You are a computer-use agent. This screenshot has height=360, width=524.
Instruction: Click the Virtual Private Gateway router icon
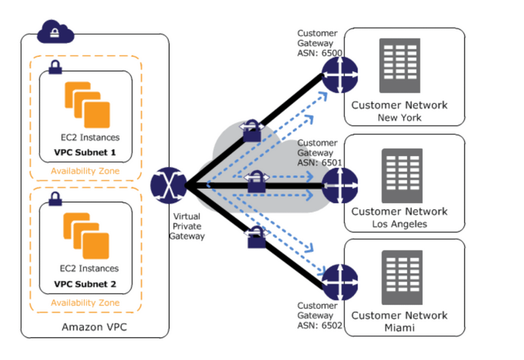168,186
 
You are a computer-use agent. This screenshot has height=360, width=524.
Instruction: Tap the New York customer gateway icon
339,73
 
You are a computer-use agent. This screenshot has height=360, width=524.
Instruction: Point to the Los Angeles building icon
400,175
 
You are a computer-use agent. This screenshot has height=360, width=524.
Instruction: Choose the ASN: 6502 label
320,325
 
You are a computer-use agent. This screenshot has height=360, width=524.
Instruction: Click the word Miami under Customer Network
399,327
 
